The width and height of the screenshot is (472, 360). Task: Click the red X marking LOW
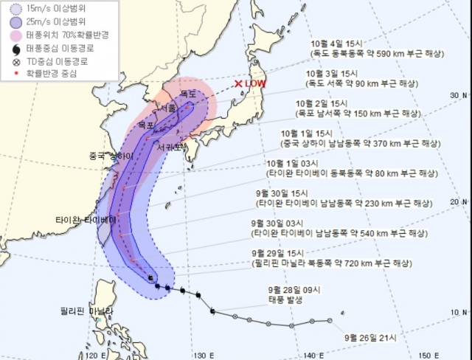[x=238, y=84]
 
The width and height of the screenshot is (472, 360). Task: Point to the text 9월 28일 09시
[x=295, y=290]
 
